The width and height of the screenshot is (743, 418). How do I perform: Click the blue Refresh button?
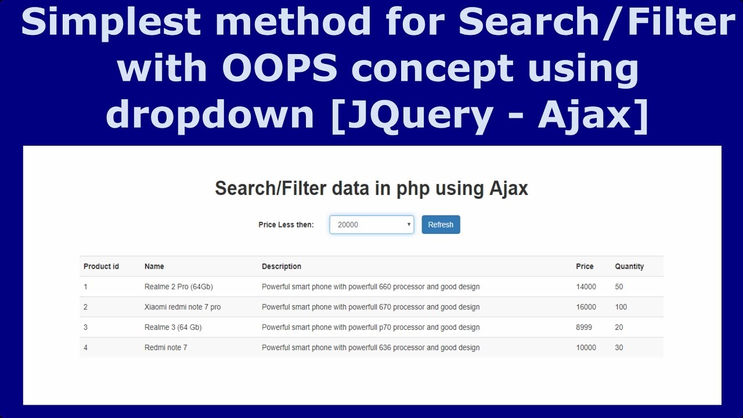441,225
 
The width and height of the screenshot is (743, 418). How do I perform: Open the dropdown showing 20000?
371,225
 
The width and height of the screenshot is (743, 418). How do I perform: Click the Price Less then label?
286,225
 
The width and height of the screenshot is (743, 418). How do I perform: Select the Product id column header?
101,266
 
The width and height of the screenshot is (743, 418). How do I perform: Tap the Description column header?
282,266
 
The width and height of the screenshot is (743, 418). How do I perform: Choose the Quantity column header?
629,266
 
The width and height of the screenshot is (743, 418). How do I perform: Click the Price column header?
585,266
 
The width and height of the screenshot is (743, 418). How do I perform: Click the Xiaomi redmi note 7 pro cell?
182,307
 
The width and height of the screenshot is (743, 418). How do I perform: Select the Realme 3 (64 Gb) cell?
173,327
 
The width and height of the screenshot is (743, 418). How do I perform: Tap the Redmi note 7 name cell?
165,348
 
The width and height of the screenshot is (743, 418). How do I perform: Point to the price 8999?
584,327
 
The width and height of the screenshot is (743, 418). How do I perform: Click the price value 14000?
586,287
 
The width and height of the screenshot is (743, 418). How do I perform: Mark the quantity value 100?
621,307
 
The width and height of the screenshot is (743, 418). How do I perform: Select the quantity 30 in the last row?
619,348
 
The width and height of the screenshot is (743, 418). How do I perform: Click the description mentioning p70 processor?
370,327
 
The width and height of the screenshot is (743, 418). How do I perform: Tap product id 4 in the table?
85,348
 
